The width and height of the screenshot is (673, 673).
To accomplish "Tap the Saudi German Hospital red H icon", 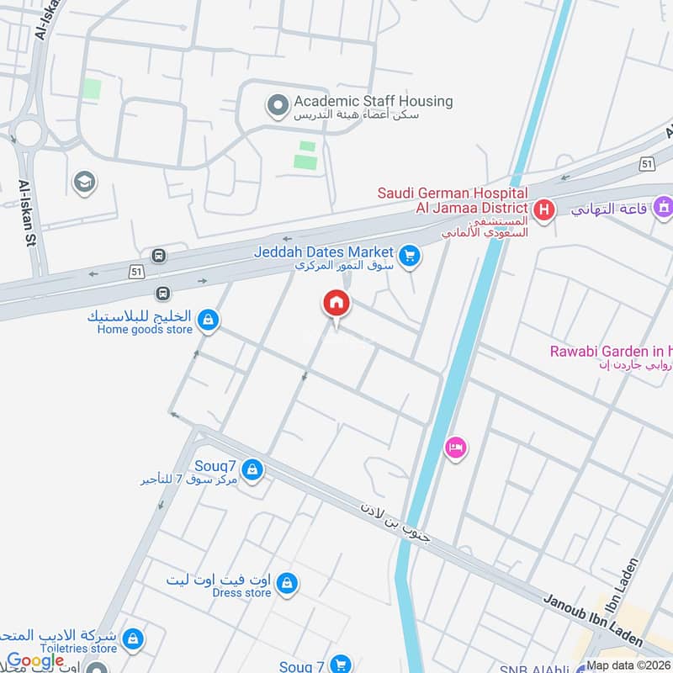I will click(x=544, y=209).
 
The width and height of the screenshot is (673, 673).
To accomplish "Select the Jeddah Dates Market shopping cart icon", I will click(x=410, y=256).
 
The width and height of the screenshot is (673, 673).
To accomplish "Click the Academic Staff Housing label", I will click(x=373, y=102).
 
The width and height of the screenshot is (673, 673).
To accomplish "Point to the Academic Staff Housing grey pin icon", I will click(x=276, y=106).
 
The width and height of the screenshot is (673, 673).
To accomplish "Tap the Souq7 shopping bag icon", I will click(x=252, y=469).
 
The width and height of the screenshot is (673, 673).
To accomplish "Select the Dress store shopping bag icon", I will click(x=287, y=583).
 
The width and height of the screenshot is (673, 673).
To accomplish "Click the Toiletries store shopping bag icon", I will click(x=131, y=639).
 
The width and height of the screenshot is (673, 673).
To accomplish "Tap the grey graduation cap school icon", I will click(x=83, y=181).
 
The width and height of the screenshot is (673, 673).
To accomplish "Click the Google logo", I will click(x=35, y=660).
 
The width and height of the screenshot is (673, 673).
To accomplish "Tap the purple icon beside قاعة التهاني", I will click(x=663, y=205).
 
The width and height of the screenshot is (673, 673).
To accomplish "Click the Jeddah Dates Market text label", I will click(x=323, y=252).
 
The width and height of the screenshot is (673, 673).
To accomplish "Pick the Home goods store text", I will click(x=145, y=330).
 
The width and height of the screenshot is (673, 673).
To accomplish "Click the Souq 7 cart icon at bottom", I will click(x=340, y=665).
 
